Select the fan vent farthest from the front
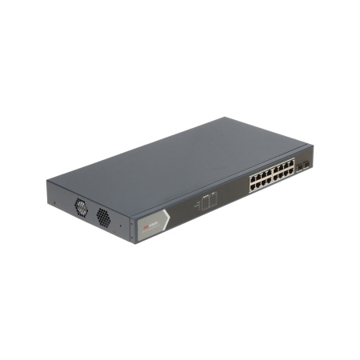click(82, 206)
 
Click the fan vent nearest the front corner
click(103, 216)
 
